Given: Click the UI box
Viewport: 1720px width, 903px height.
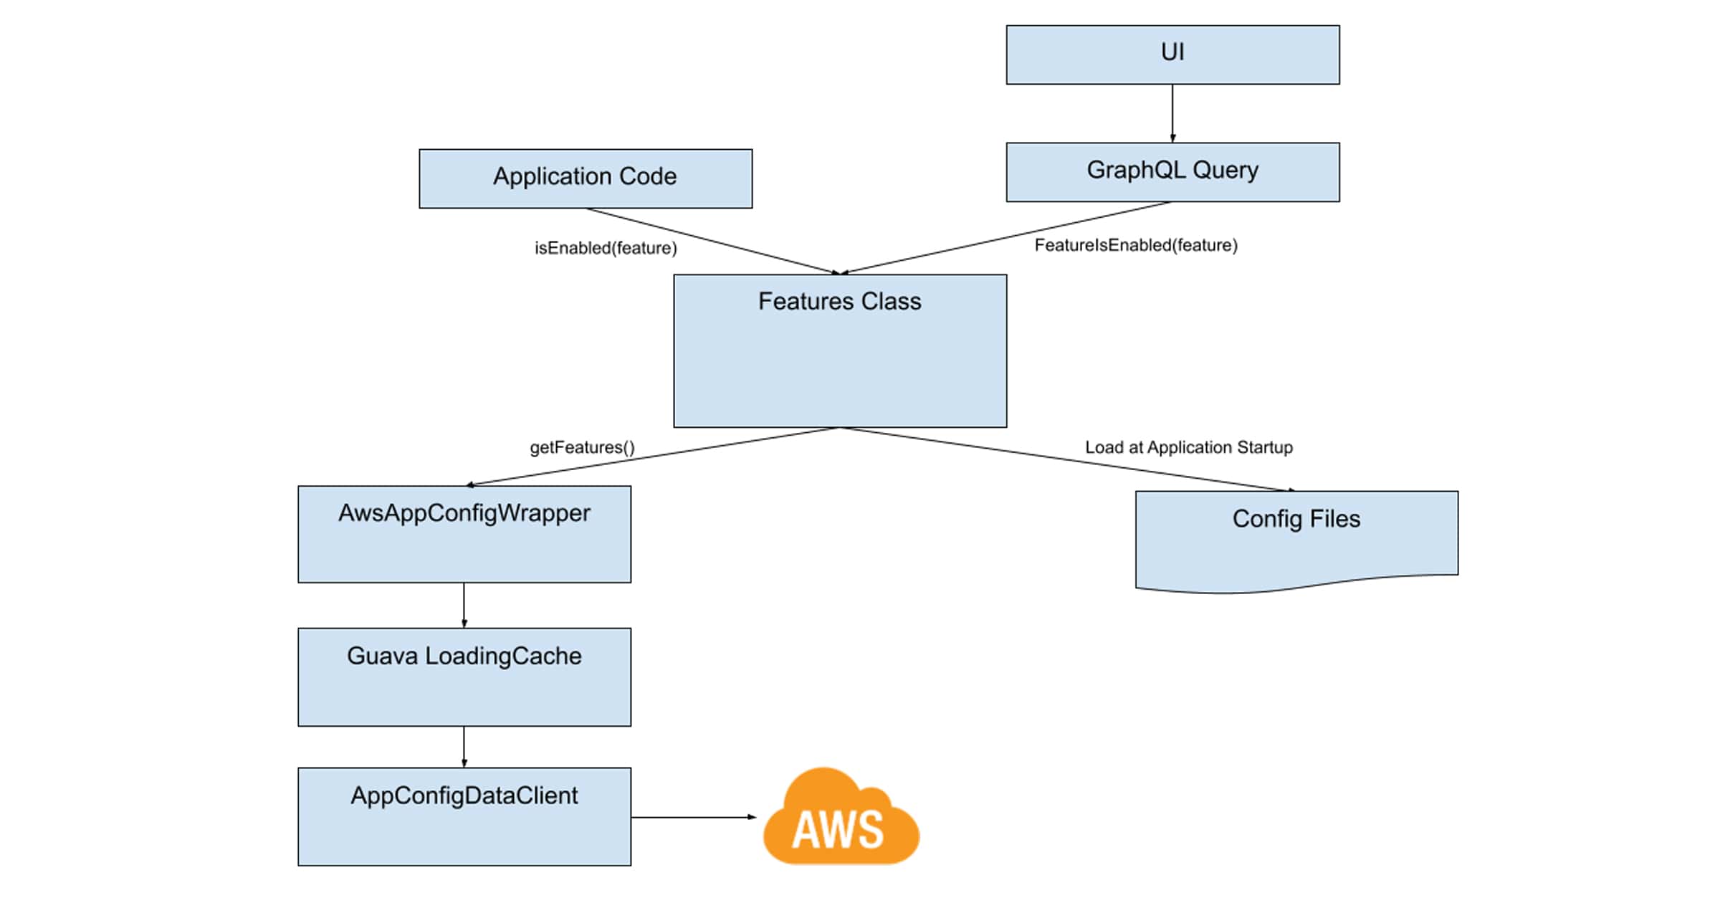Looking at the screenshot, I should (1172, 55).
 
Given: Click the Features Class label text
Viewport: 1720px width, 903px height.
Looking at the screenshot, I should (839, 302).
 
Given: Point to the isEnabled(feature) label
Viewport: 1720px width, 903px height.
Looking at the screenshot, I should (606, 248).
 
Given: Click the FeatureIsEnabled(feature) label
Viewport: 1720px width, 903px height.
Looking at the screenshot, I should (1136, 245).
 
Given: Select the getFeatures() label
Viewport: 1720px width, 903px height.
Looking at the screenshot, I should (582, 447).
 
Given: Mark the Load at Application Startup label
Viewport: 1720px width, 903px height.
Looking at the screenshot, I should (1188, 447).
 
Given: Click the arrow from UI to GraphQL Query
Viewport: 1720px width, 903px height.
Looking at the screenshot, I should (1172, 113).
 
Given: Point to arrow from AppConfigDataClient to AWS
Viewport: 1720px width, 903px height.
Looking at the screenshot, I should (692, 817).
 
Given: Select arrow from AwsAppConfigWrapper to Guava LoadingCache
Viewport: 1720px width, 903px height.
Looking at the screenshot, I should (464, 605).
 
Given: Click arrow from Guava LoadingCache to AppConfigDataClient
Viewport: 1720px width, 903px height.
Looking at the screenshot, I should (464, 746).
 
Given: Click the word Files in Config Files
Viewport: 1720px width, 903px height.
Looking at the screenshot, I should (1334, 519).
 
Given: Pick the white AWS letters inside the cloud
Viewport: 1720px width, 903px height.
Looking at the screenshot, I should (838, 830).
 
